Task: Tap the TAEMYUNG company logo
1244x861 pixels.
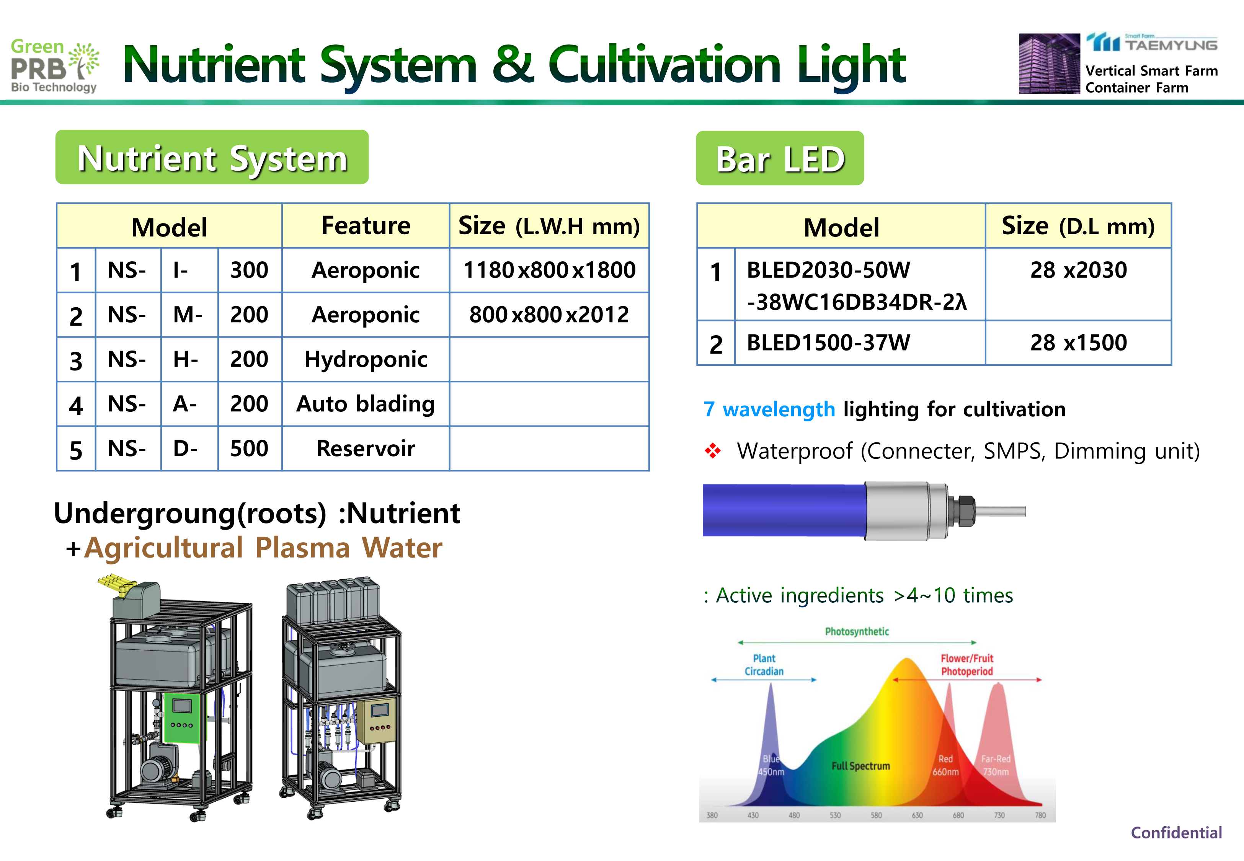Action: pyautogui.click(x=1152, y=42)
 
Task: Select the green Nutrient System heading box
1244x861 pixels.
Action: pyautogui.click(x=212, y=157)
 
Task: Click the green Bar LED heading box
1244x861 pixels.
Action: pyautogui.click(x=780, y=158)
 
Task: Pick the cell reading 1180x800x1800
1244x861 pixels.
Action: pyautogui.click(x=549, y=270)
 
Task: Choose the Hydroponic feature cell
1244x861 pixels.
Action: pyautogui.click(x=366, y=359)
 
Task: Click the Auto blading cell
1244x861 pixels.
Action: pyautogui.click(x=366, y=404)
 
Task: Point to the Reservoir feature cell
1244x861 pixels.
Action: pyautogui.click(x=366, y=448)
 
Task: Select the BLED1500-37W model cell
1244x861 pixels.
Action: pyautogui.click(x=860, y=342)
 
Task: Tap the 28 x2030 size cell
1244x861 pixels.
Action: pyautogui.click(x=1078, y=284)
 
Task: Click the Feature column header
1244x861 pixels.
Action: pyautogui.click(x=366, y=225)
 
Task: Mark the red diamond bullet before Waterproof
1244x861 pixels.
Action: pyautogui.click(x=713, y=450)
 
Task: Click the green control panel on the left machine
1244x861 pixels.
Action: pyautogui.click(x=182, y=717)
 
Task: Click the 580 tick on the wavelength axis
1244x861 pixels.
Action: pyautogui.click(x=876, y=815)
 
